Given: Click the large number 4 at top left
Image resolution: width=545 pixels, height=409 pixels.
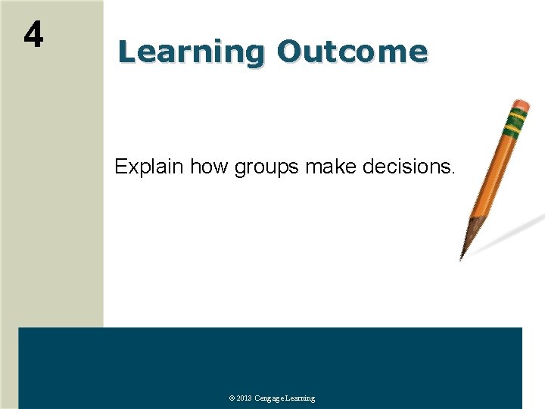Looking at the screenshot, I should pos(33,34).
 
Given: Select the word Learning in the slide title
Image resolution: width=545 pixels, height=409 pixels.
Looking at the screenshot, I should pos(191,52).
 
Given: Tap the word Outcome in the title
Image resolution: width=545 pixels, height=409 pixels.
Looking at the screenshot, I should pos(352,52).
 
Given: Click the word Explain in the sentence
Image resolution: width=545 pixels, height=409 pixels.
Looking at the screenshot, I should pos(149,167).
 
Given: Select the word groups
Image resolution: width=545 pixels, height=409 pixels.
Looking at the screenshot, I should pos(268,167).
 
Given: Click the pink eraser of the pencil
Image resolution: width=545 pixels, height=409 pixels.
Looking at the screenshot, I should pos(522,105).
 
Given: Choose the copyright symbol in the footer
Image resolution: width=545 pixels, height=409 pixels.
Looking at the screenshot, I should pos(232,398).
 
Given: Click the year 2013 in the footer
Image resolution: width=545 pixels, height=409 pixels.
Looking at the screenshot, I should pos(244,398).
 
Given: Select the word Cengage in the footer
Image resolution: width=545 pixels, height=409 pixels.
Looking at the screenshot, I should pos(270,398).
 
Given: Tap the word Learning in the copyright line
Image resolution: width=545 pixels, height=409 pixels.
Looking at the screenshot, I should pos(301,398).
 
